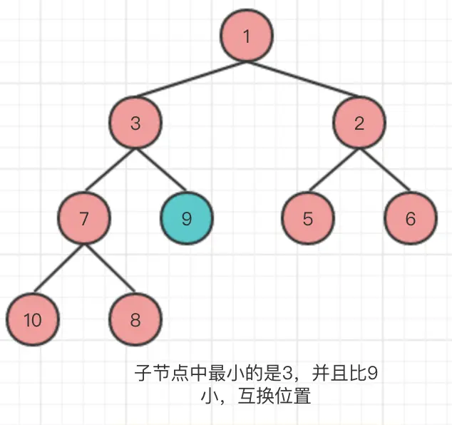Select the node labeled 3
coord(135,123)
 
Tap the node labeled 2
coord(359,123)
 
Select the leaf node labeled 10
coord(33,319)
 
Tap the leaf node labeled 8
coord(135,319)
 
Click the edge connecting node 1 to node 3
coord(189,81)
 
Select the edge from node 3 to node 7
coord(110,171)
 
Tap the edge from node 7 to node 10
coord(58,270)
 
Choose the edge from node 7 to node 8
coord(110,270)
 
